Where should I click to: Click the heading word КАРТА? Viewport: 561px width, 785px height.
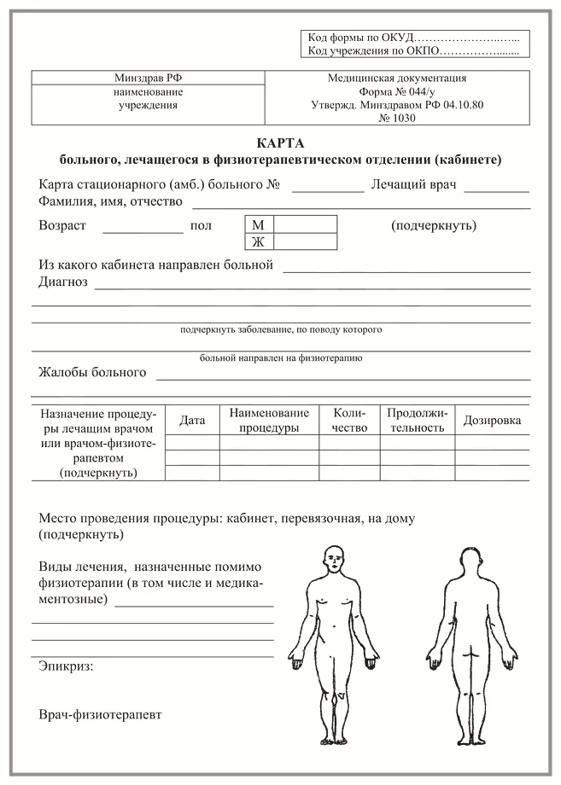point(280,143)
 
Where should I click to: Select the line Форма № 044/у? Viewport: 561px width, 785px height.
point(395,91)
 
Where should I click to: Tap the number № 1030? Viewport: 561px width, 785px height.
point(395,119)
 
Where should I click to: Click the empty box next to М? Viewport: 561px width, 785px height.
point(306,224)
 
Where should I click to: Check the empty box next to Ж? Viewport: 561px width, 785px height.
point(306,241)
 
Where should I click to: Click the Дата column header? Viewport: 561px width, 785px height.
point(193,420)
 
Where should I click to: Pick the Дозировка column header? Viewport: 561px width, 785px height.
point(492,420)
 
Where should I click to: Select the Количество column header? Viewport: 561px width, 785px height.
point(350,420)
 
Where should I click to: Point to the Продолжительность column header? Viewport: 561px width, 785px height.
point(417,420)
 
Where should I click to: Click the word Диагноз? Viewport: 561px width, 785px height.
point(63,283)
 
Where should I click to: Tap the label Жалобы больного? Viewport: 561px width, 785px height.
point(92,373)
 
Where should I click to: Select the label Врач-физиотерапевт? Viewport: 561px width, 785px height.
point(100,713)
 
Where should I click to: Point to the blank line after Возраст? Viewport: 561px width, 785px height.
point(143,229)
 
